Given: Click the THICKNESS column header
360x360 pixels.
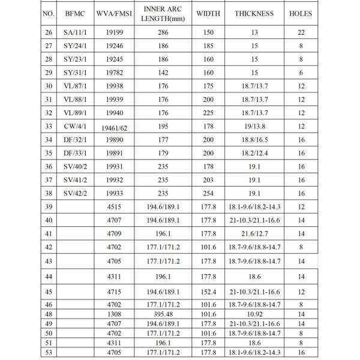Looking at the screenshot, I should (x=254, y=13).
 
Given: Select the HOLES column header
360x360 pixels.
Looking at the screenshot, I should (x=301, y=13).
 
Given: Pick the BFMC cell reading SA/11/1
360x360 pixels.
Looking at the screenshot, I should (x=77, y=32).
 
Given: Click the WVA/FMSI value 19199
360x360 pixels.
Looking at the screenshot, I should (x=117, y=32).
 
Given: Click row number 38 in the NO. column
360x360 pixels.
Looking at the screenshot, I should (x=49, y=193).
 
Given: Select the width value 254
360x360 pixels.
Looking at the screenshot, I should (x=208, y=193).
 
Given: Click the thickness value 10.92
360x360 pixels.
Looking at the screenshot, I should (x=254, y=313).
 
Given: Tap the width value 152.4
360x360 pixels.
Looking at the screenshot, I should (x=208, y=292).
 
